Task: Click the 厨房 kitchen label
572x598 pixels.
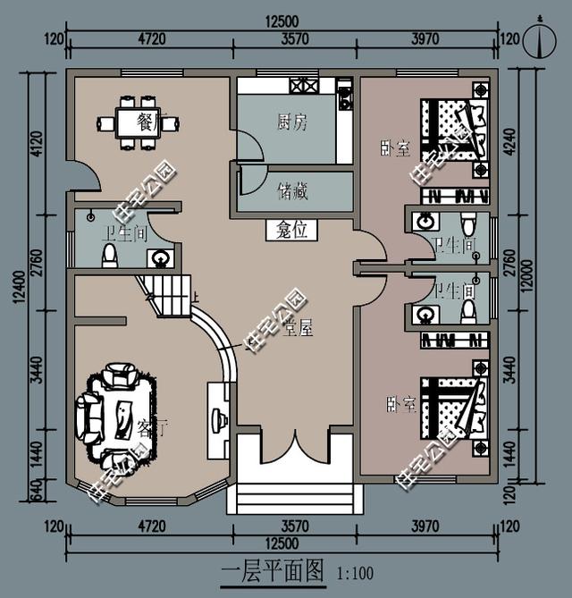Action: tap(291, 123)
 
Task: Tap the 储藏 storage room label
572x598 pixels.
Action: tap(292, 190)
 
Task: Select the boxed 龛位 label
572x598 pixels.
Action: tap(292, 231)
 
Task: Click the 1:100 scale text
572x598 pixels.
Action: tap(355, 574)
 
